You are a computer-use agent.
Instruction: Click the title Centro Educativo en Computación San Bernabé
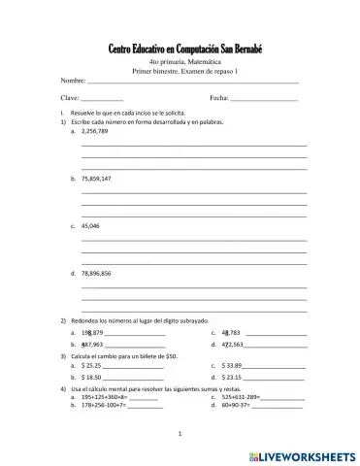tap(180, 50)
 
